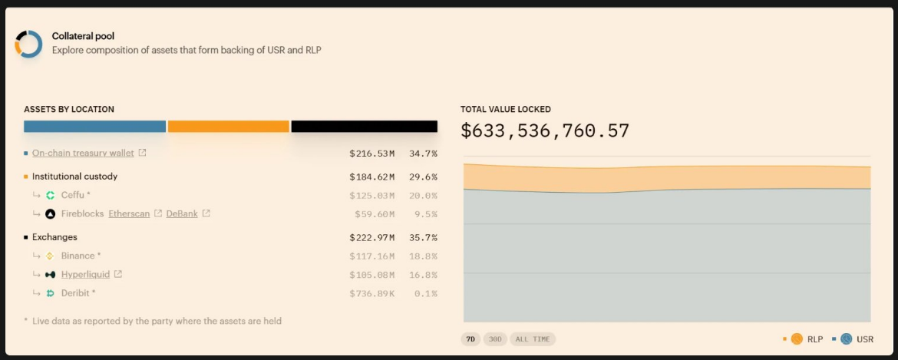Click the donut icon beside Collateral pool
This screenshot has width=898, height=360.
(29, 45)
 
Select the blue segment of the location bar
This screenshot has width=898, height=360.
(94, 127)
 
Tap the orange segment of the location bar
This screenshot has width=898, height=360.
(228, 127)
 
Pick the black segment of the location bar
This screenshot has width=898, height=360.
(364, 127)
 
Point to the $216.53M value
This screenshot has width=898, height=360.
(371, 154)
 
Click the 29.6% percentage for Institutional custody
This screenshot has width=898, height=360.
(423, 177)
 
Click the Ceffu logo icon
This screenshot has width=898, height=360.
(51, 195)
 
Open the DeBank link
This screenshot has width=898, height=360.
(182, 213)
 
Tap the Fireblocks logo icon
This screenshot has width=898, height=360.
(51, 213)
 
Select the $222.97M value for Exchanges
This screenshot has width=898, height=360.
(371, 237)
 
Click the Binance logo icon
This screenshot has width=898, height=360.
(51, 256)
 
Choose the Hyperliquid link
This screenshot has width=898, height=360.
(85, 274)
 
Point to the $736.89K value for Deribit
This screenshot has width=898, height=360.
(373, 293)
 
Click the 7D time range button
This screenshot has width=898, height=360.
(470, 339)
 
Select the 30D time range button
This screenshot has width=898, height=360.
(494, 339)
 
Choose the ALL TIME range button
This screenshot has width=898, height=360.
(533, 339)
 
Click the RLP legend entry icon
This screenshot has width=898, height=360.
(797, 339)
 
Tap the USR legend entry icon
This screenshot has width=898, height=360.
(846, 339)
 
